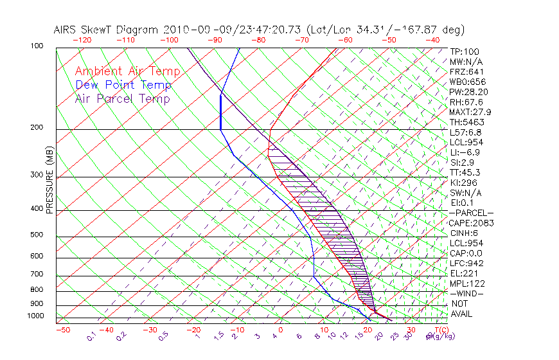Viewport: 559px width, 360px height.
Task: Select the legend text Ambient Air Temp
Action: click(x=127, y=71)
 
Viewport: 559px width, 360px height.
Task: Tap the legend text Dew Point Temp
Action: click(x=123, y=85)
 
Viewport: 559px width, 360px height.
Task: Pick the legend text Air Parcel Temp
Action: click(x=122, y=98)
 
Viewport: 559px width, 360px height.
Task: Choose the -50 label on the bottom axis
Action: click(x=62, y=330)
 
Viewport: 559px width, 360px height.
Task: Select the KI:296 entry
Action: click(x=464, y=183)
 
